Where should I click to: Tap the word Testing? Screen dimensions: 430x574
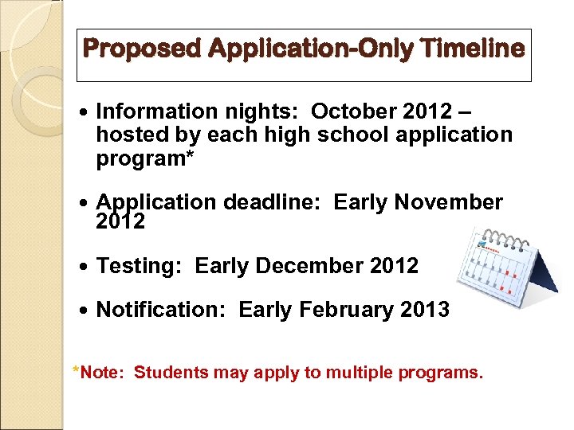point(140,266)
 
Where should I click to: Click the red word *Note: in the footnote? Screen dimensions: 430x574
point(97,372)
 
